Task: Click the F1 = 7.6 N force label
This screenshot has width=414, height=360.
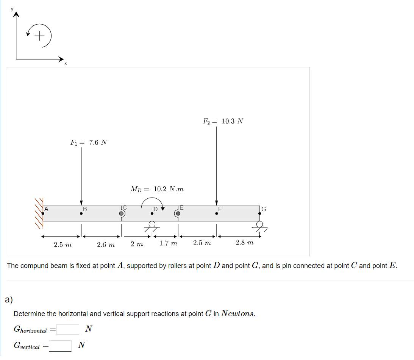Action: click(89, 143)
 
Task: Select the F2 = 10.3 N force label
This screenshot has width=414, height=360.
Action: click(223, 122)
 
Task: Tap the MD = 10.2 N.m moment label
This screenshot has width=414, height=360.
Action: click(157, 189)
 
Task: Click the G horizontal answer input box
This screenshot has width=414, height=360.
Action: click(68, 329)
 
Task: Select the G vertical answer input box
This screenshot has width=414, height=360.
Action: click(60, 346)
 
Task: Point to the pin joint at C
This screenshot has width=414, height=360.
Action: click(122, 214)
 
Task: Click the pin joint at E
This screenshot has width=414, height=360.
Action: click(178, 214)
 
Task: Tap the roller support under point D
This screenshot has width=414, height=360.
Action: click(152, 226)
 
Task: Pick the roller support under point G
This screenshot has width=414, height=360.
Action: click(259, 226)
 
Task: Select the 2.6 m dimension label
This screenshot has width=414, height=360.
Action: click(106, 245)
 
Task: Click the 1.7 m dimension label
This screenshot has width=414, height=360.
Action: click(168, 243)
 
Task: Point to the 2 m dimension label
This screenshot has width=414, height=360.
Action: click(137, 244)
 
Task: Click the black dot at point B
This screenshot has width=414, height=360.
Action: click(81, 214)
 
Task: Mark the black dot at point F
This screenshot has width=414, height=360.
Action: click(217, 214)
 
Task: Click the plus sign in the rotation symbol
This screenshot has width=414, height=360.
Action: click(39, 36)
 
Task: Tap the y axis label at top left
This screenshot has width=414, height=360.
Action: click(12, 9)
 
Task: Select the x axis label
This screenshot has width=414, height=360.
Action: click(65, 63)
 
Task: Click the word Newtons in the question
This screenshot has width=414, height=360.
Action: click(237, 313)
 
